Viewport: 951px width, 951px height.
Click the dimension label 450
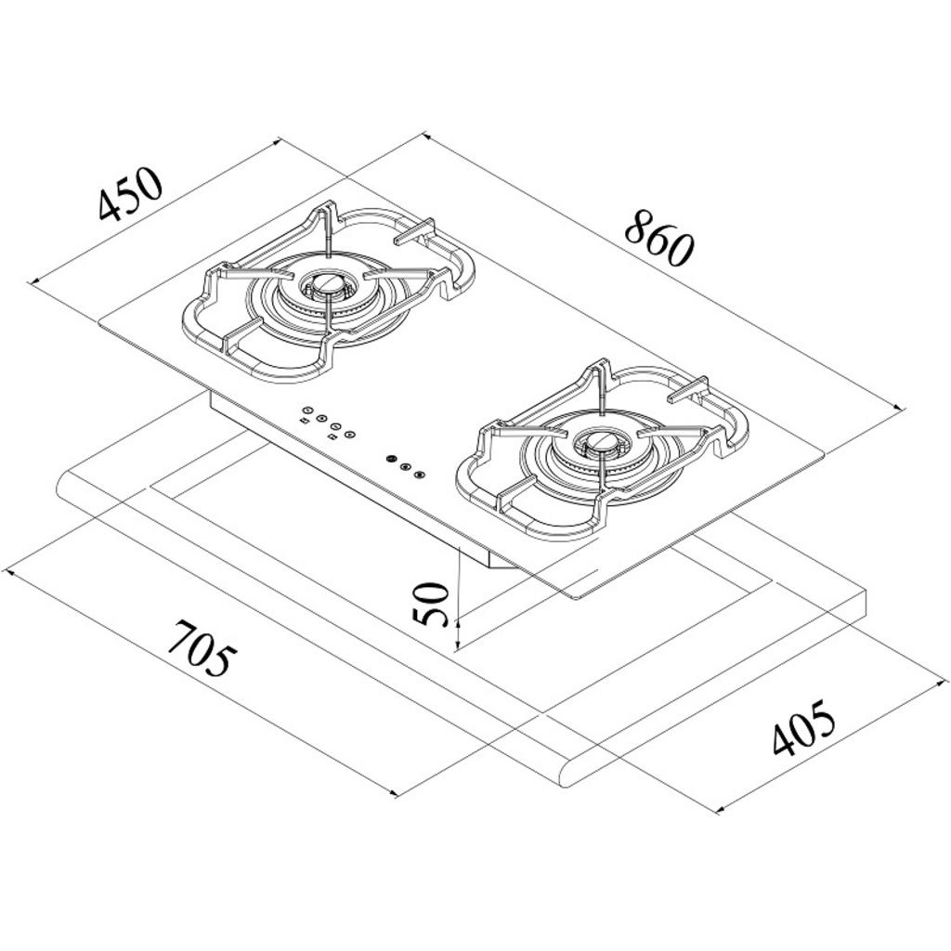(130, 193)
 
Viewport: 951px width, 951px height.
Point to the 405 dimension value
(803, 727)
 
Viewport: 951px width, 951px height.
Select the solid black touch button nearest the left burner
(391, 459)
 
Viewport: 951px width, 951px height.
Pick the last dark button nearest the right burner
(419, 475)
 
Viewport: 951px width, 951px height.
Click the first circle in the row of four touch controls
(307, 410)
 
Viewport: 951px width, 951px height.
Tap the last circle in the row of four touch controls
(349, 434)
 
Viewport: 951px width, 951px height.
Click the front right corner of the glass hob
(576, 599)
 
